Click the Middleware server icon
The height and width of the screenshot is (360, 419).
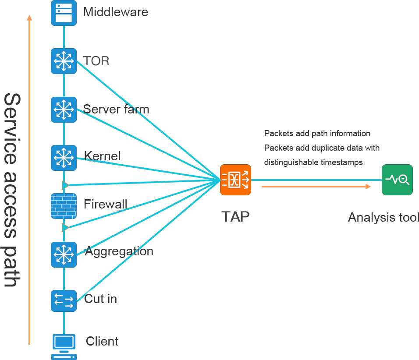click(x=64, y=12)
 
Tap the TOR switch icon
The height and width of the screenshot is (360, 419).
click(x=64, y=61)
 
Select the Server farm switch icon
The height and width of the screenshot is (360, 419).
click(x=64, y=109)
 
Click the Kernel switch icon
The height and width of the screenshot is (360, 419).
click(x=64, y=158)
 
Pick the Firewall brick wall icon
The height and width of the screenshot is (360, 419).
click(x=64, y=206)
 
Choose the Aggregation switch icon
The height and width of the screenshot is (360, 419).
click(x=64, y=254)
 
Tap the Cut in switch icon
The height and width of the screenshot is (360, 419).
click(x=64, y=301)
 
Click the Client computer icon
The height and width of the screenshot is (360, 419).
click(x=64, y=346)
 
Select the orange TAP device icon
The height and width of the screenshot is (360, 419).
click(x=235, y=180)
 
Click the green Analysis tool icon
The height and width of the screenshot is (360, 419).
click(x=397, y=180)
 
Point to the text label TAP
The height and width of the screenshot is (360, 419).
click(x=235, y=216)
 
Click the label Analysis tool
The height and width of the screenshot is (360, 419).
click(x=383, y=217)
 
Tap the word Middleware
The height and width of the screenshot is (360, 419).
click(x=116, y=12)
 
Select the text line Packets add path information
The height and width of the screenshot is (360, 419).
click(x=317, y=134)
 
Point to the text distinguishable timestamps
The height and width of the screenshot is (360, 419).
click(x=313, y=162)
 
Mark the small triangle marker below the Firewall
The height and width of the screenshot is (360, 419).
click(x=65, y=227)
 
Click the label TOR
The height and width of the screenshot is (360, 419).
click(x=96, y=61)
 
